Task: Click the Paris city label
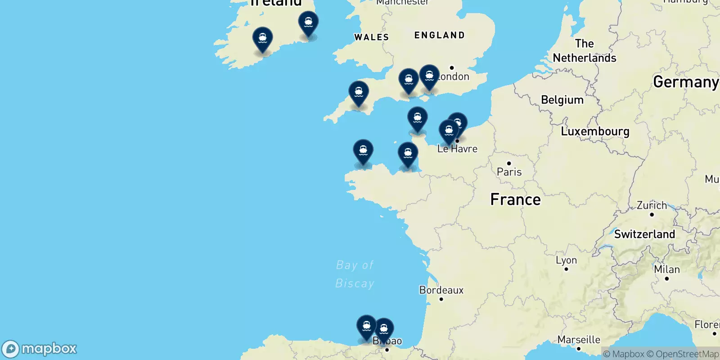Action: pyautogui.click(x=509, y=172)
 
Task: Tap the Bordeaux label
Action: pyautogui.click(x=441, y=290)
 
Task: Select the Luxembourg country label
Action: pyautogui.click(x=595, y=131)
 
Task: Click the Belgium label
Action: pyautogui.click(x=562, y=100)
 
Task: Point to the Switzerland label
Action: pyautogui.click(x=644, y=234)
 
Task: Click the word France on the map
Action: pyautogui.click(x=515, y=199)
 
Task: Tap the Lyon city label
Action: pyautogui.click(x=566, y=261)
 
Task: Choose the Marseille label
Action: pyautogui.click(x=579, y=340)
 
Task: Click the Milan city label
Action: pyautogui.click(x=666, y=270)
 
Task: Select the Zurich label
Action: pyautogui.click(x=652, y=206)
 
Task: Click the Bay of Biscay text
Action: pyautogui.click(x=355, y=274)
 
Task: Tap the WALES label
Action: pyautogui.click(x=371, y=37)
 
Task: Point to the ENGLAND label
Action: pyautogui.click(x=439, y=35)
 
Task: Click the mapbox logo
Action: pyautogui.click(x=39, y=349)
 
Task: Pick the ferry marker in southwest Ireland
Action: pyautogui.click(x=262, y=39)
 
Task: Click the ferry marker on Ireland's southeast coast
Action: pyautogui.click(x=308, y=23)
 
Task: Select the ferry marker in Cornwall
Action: pyautogui.click(x=359, y=93)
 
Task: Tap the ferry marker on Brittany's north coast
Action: pyautogui.click(x=363, y=152)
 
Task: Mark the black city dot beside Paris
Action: pyautogui.click(x=509, y=163)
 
